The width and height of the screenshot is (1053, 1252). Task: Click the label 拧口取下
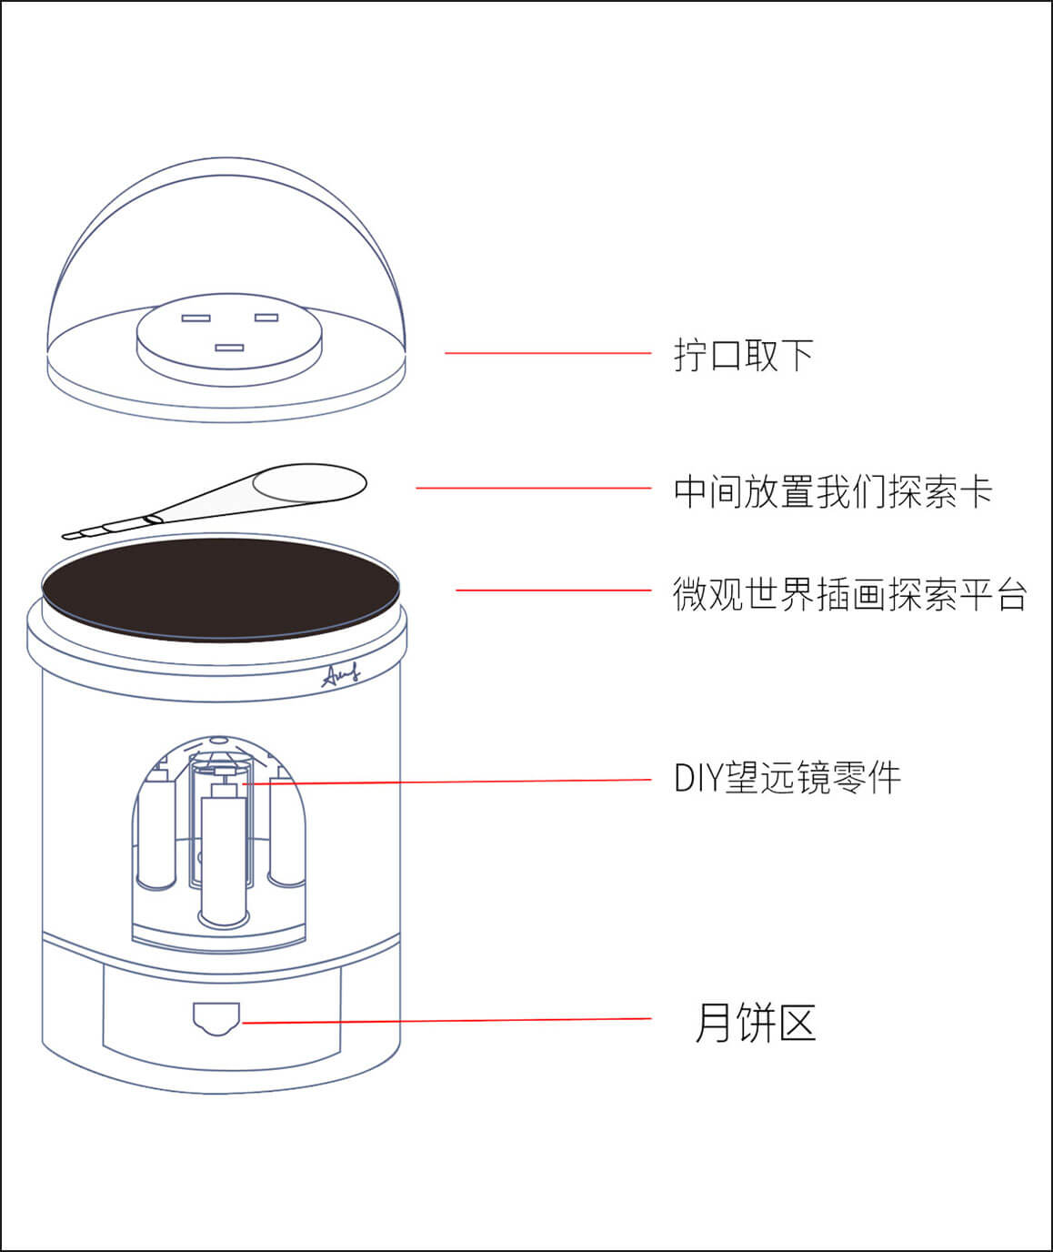(743, 355)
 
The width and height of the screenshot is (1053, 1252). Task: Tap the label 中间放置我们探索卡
(832, 491)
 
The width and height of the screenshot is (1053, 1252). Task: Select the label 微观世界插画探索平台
(849, 594)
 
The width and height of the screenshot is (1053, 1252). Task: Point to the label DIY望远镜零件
(787, 779)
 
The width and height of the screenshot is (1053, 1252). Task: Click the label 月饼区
(755, 1023)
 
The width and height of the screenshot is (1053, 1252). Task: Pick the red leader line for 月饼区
(446, 1021)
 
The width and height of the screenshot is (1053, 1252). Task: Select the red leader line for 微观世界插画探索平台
(553, 591)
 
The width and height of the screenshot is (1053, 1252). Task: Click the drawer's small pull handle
(216, 1017)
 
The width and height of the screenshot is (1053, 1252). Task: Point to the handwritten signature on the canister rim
(341, 674)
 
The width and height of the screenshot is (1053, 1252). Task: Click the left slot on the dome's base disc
(196, 318)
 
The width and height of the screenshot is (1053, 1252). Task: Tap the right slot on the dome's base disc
(266, 317)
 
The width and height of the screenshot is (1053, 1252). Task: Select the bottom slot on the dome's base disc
(230, 348)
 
